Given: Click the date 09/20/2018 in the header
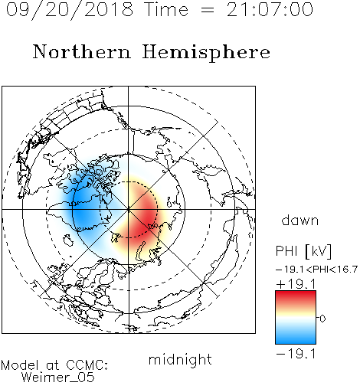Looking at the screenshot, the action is pyautogui.click(x=70, y=10).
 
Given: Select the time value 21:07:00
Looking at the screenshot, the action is pyautogui.click(x=270, y=10).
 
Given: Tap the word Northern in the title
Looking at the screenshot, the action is pyautogui.click(x=82, y=52).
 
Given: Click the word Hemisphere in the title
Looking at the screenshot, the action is pyautogui.click(x=206, y=53).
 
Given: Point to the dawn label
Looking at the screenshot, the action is pyautogui.click(x=300, y=220).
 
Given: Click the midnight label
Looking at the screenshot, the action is pyautogui.click(x=180, y=360).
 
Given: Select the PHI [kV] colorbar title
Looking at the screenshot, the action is pyautogui.click(x=304, y=251).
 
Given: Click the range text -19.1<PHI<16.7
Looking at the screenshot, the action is pyautogui.click(x=316, y=270).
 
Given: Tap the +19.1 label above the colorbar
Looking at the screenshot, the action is pyautogui.click(x=296, y=284).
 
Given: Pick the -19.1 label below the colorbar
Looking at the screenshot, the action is pyautogui.click(x=296, y=354).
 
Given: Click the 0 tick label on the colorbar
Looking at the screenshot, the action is pyautogui.click(x=322, y=319).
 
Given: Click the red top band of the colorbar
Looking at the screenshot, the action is pyautogui.click(x=296, y=296).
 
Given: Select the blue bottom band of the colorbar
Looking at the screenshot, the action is pyautogui.click(x=296, y=338).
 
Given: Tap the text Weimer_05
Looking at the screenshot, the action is pyautogui.click(x=58, y=378).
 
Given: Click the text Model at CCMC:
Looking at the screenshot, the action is pyautogui.click(x=54, y=365).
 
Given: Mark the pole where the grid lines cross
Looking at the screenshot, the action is pyautogui.click(x=129, y=209).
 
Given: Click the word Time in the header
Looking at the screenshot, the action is pyautogui.click(x=166, y=10).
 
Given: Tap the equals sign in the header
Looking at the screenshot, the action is pyautogui.click(x=208, y=11).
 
